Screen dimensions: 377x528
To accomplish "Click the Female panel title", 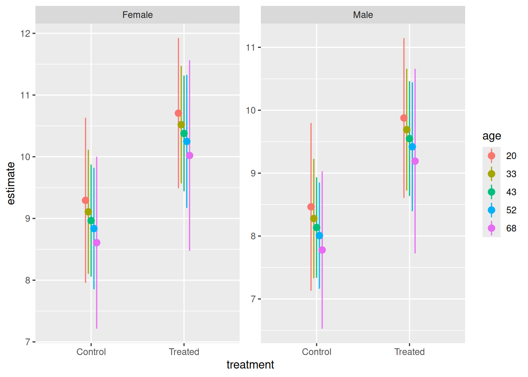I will point(137,15).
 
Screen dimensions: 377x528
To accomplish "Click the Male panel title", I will point(363,15).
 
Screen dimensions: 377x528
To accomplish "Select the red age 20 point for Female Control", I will point(86,200).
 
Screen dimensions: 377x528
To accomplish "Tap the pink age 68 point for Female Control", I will point(97,243).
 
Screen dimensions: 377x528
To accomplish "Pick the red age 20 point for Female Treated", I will point(178,113).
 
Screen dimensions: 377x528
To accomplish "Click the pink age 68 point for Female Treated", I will point(189,156).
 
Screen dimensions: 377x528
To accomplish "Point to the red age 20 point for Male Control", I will point(311,207).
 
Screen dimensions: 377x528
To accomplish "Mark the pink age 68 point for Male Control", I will point(322,250).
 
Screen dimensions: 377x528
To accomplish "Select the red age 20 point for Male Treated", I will point(404,118).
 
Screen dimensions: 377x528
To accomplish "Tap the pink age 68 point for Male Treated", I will point(415,161).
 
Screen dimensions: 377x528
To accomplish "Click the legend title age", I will point(491,136).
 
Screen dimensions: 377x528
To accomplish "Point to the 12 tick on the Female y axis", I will point(26,33).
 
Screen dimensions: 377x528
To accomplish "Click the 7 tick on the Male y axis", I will point(253,299).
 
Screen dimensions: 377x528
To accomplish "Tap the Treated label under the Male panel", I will point(409,352).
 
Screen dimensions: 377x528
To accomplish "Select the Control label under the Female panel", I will point(91,352).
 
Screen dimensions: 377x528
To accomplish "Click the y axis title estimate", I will point(11,183).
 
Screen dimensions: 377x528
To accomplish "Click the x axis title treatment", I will point(250,365).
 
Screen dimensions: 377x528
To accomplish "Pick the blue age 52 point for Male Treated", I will point(412,147).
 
